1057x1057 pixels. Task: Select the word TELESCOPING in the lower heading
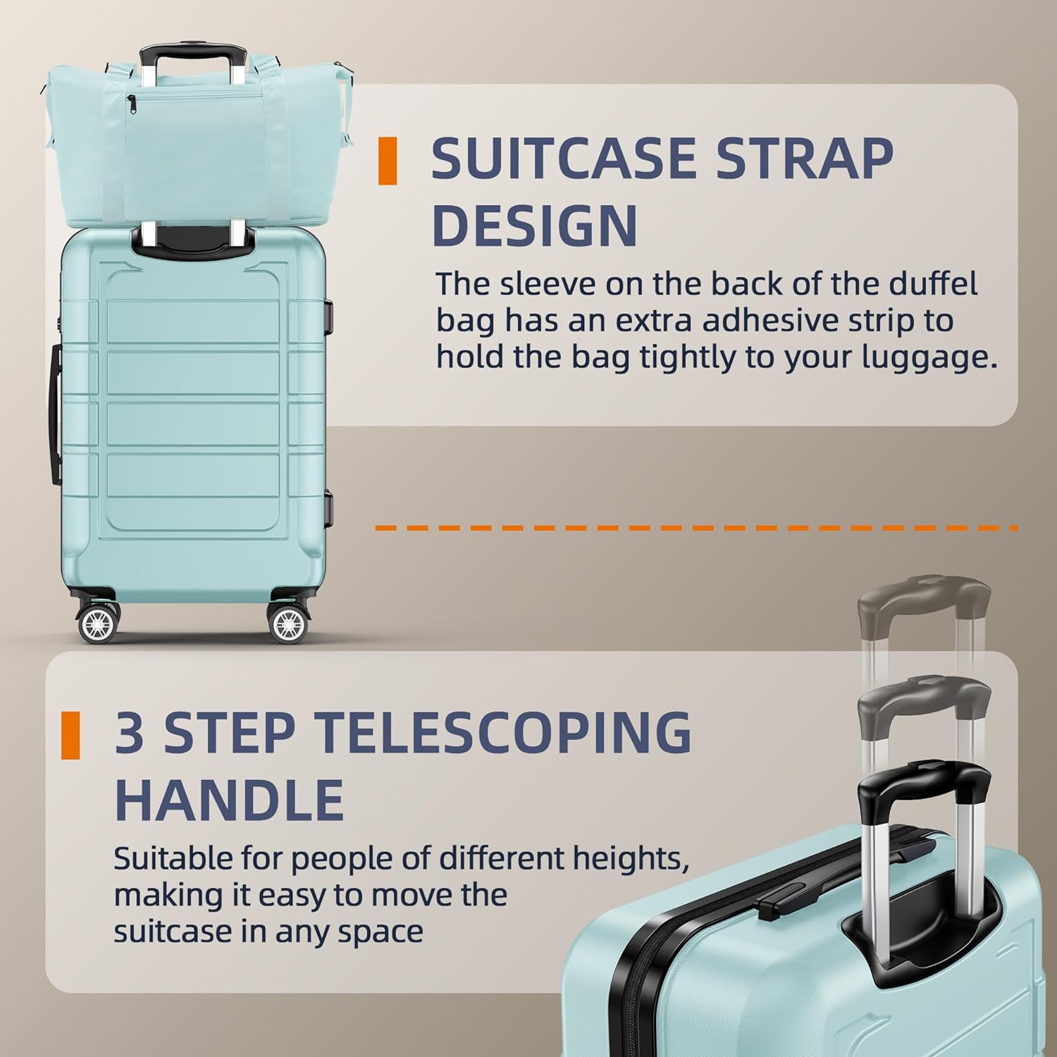(502, 732)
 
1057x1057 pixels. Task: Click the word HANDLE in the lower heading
(229, 800)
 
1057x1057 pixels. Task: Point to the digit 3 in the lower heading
(130, 732)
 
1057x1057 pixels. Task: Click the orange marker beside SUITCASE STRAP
(388, 161)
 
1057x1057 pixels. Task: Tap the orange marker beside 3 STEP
(70, 736)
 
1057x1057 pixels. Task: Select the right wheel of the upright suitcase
(288, 624)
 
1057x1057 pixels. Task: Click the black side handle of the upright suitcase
(54, 414)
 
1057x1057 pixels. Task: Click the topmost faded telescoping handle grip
(924, 600)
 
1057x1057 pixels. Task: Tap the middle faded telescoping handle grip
(924, 701)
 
